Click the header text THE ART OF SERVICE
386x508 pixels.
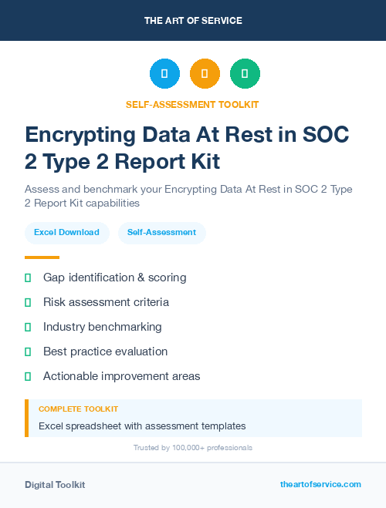tap(193, 21)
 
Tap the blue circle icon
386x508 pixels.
tap(164, 73)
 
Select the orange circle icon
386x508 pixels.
tap(205, 73)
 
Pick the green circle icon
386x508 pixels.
tap(245, 73)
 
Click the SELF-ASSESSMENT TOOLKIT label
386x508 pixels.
tap(192, 104)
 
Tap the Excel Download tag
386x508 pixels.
tap(66, 232)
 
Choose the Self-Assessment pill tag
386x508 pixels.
tap(161, 232)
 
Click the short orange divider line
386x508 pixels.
tap(42, 257)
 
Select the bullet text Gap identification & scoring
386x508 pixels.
tap(114, 278)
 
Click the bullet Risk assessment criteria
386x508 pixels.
tap(106, 302)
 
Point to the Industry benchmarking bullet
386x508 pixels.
tap(102, 327)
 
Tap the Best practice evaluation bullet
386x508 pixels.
tap(105, 352)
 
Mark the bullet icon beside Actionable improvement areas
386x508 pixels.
tap(28, 376)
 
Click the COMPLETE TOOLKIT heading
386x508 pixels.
tap(78, 409)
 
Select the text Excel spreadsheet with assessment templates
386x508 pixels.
tap(142, 426)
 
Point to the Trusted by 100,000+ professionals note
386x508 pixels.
tap(192, 447)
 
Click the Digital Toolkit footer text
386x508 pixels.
tap(55, 485)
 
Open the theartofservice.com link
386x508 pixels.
tap(320, 484)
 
